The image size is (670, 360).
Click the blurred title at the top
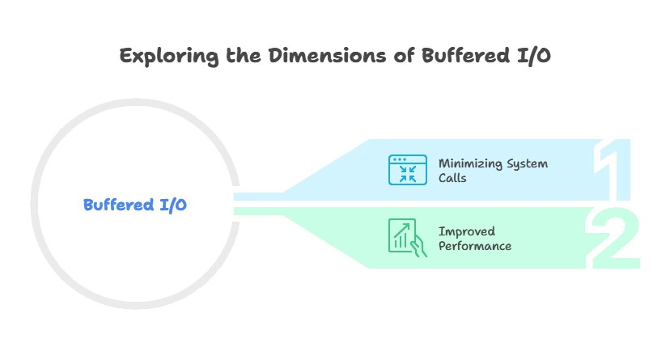[335, 57]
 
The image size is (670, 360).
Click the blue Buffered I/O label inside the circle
[135, 205]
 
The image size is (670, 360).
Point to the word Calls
[452, 178]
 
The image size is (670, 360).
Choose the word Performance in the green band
[475, 245]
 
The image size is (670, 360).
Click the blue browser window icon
[407, 170]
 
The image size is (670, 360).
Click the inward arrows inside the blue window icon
[407, 173]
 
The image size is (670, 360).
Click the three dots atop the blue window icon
[397, 159]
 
